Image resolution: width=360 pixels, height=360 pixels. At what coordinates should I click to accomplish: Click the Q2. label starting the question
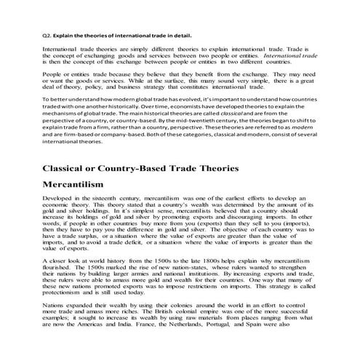tap(48, 34)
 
